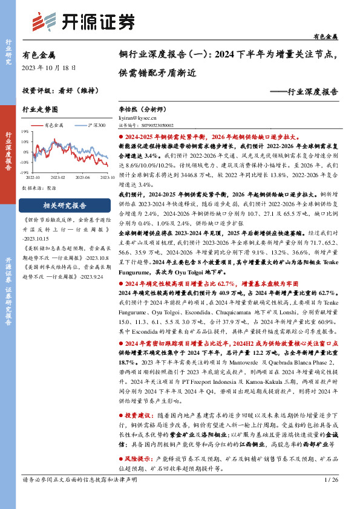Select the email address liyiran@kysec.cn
point(137,119)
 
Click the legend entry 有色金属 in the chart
point(55,125)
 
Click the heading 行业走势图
point(40,110)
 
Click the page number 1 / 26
point(331,496)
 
